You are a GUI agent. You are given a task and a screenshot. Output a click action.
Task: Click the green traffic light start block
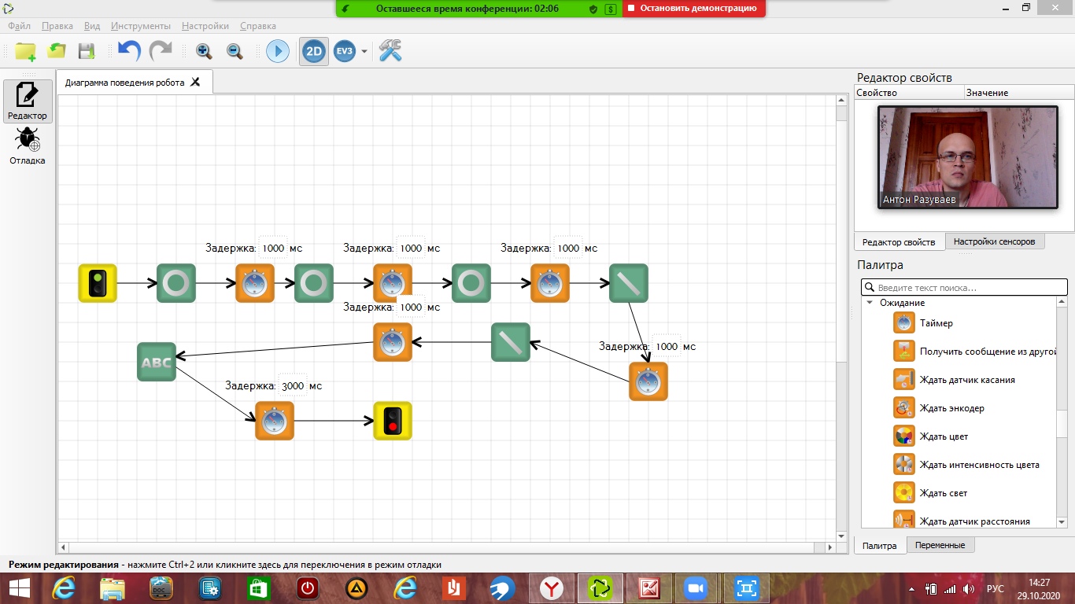[98, 283]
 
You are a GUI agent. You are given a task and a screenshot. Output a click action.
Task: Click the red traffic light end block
[393, 421]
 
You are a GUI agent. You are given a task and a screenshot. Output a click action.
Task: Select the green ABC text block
[157, 362]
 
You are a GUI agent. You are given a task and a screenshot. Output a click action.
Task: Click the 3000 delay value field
[293, 386]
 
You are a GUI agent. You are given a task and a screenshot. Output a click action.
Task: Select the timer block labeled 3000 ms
[275, 421]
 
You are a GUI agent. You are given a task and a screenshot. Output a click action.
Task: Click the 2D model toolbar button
[314, 52]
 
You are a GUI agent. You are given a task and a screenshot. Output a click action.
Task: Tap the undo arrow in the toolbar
[128, 52]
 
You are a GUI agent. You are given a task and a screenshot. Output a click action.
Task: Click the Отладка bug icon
[28, 140]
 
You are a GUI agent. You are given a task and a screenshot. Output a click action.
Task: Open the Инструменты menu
[141, 26]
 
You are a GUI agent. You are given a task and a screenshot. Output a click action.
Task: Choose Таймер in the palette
[936, 323]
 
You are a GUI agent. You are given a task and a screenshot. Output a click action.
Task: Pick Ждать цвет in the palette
[944, 436]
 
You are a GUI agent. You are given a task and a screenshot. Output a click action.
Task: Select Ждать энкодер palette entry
[951, 408]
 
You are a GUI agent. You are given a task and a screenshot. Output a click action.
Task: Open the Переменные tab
[941, 545]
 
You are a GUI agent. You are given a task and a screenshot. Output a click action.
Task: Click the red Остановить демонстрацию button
[693, 9]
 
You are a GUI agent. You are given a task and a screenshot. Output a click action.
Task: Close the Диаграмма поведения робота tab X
[196, 82]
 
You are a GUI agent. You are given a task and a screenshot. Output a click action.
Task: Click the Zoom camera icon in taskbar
[694, 587]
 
